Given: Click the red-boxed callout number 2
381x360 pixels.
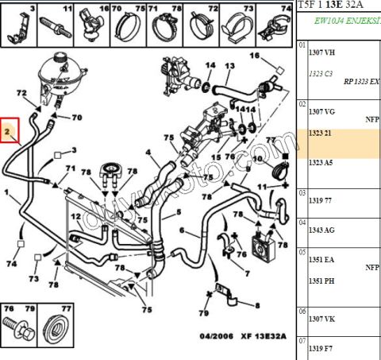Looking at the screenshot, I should pos(10,130).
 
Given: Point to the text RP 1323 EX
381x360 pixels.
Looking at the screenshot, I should pos(361,82).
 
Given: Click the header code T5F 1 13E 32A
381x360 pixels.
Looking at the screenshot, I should pos(337,6).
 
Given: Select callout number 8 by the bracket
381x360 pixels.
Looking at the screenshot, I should pos(256,304).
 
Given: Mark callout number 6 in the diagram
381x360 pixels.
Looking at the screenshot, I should pos(182,231).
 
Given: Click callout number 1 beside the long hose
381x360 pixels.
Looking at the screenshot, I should pos(7,192).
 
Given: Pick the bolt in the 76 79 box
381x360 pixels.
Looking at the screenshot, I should pos(17,327).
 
